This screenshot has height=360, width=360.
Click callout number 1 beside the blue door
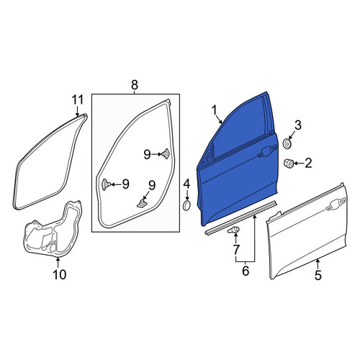coord(215,111)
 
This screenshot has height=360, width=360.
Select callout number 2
coord(308,163)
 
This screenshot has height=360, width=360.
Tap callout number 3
coord(298,125)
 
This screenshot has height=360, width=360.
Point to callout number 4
coord(186,184)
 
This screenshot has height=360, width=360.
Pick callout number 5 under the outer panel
coord(318,275)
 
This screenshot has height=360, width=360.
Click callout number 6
coord(246,271)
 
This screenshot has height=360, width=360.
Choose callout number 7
coord(236,250)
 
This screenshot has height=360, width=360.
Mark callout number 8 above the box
coord(135,85)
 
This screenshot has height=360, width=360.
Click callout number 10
coord(59,274)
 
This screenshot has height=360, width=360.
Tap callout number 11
coord(78,100)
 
